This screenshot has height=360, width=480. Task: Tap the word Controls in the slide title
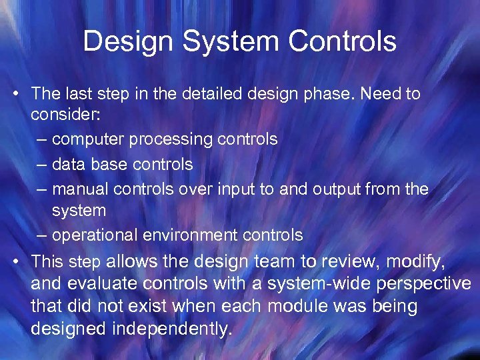click(x=342, y=41)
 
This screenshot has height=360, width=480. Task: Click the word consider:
click(x=65, y=115)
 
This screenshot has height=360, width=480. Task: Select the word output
click(x=337, y=189)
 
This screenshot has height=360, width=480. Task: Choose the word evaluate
click(x=95, y=284)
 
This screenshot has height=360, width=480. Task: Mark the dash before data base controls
click(x=43, y=164)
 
